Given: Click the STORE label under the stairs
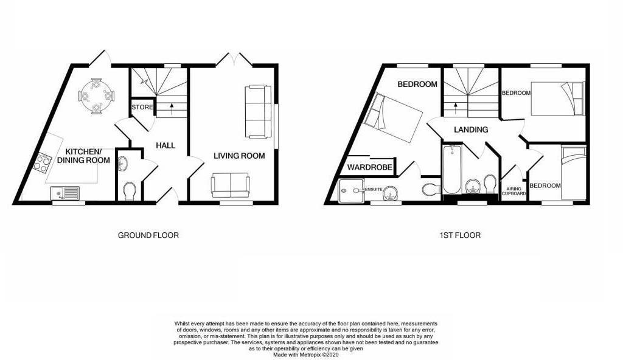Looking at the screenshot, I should (x=142, y=108).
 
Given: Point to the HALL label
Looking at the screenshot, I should (x=165, y=146).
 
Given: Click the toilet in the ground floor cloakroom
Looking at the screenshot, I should (x=128, y=192).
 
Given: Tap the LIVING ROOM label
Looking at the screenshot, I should (x=238, y=156).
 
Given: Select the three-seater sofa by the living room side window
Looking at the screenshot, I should (x=257, y=111).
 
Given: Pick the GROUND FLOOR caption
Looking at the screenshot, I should (x=148, y=235).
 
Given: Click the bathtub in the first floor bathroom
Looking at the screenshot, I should (x=452, y=168).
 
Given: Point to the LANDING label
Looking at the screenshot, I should (x=470, y=130).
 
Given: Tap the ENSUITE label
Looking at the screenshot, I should (x=372, y=189).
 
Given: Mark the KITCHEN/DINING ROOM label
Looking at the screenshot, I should (x=88, y=156).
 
